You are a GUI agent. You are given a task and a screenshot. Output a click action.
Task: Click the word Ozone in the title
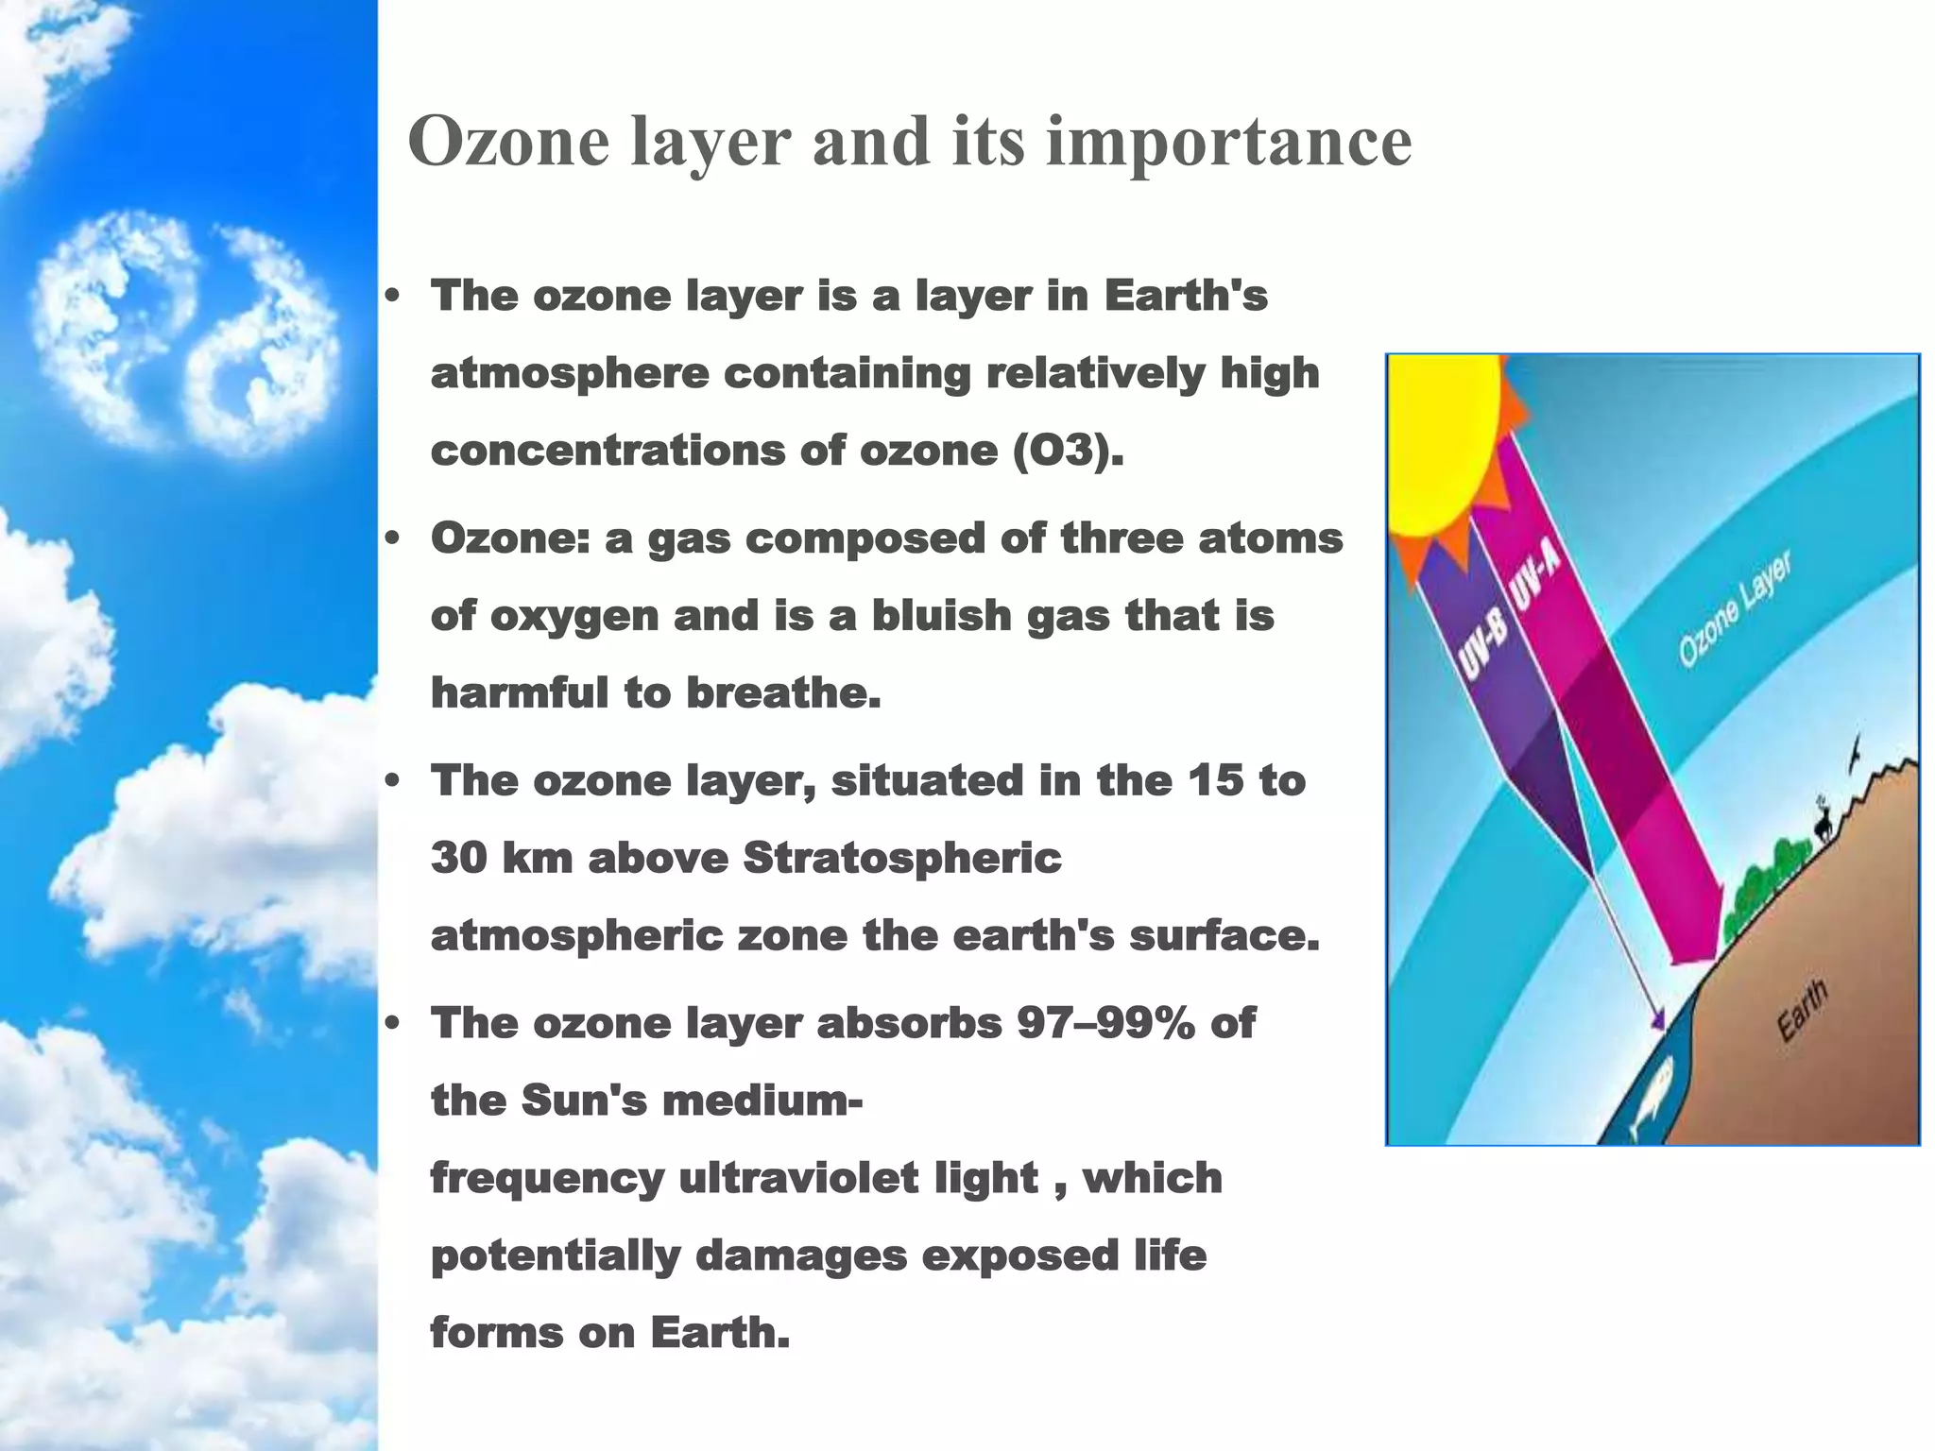[508, 142]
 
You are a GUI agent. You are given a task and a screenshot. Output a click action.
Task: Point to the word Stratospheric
[902, 859]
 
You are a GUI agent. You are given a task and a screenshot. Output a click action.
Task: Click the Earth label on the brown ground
[1803, 1011]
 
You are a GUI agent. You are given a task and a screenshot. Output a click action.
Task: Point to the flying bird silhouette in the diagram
[1856, 751]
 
